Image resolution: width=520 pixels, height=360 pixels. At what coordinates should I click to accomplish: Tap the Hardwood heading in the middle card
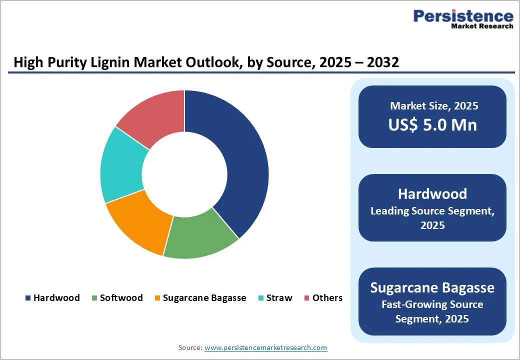tap(432, 194)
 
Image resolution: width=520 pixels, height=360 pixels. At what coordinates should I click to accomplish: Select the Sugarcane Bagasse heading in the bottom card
tap(432, 288)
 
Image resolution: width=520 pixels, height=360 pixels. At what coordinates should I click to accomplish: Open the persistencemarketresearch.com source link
tap(265, 347)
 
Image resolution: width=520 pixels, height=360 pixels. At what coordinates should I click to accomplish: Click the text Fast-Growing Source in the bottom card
tap(432, 304)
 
